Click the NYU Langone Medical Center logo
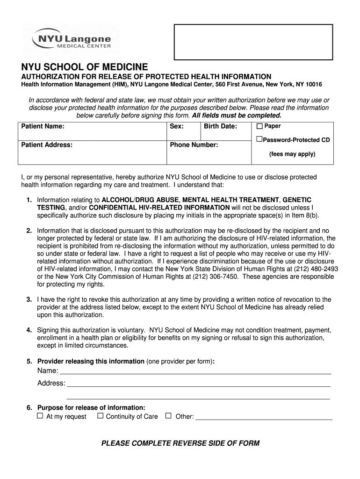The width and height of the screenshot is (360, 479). [72, 39]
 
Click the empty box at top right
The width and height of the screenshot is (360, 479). [253, 42]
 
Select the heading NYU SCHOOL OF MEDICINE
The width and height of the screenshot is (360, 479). [84, 67]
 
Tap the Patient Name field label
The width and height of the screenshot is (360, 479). [43, 126]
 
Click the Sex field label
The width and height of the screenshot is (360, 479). [177, 126]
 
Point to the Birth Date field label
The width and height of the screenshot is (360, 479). [220, 126]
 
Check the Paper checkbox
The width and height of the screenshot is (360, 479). [259, 126]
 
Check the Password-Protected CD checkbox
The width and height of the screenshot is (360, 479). [259, 139]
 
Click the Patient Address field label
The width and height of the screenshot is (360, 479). [47, 145]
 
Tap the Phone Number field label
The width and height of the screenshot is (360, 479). [194, 145]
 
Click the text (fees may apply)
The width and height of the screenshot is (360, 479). [292, 154]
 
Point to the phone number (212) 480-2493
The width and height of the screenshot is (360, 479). [315, 269]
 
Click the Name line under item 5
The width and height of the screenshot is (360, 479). [195, 371]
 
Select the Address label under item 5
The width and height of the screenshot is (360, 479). [51, 383]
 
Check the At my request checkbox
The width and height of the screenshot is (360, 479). [40, 416]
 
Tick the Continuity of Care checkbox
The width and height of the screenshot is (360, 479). [100, 416]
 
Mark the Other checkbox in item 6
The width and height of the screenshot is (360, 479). [169, 416]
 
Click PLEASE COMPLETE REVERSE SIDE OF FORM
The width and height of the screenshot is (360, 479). [180, 443]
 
